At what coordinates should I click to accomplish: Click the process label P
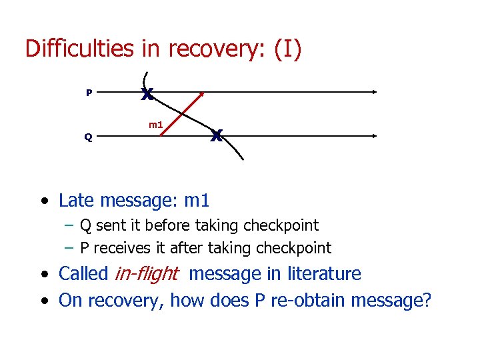(89, 93)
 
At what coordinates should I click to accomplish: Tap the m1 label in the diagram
(155, 125)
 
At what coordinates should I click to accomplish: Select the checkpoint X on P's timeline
(147, 94)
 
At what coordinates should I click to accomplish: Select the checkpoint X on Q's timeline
(216, 135)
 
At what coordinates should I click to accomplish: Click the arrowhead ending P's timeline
(377, 93)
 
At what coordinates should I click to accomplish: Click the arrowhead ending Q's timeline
(377, 136)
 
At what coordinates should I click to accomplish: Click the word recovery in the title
(203, 50)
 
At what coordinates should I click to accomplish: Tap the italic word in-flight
(147, 273)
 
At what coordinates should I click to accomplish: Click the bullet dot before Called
(44, 275)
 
